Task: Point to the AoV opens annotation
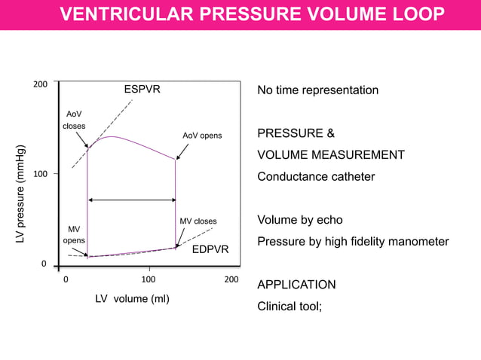click(x=202, y=136)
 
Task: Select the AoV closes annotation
click(x=74, y=120)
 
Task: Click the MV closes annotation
click(x=198, y=221)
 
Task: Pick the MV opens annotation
click(x=73, y=234)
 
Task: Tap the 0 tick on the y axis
click(x=44, y=264)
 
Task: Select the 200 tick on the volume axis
click(x=231, y=279)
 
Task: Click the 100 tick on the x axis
click(x=149, y=279)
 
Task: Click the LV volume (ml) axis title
click(x=132, y=299)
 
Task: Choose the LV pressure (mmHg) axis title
click(x=22, y=194)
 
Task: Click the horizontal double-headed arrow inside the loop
click(x=132, y=200)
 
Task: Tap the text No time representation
click(x=318, y=90)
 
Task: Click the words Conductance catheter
click(x=316, y=177)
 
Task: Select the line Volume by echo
click(x=300, y=221)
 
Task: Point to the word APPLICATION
click(x=297, y=285)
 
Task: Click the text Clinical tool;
click(x=290, y=307)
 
